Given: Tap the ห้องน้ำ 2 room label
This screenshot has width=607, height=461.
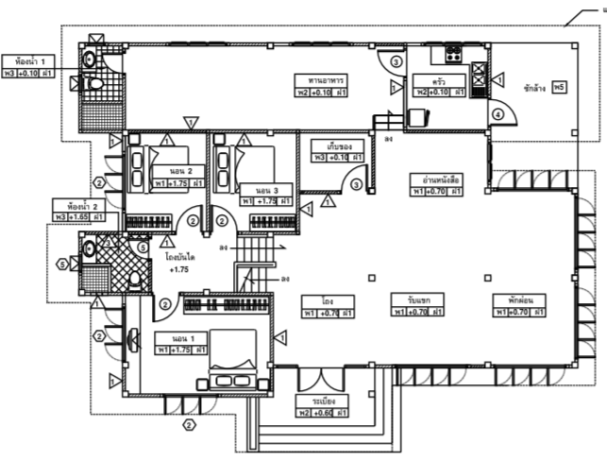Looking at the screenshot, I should coord(78,205).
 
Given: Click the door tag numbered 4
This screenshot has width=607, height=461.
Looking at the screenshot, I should coord(497,115).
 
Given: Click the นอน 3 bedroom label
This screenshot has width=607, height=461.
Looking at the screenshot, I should coord(256,188).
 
